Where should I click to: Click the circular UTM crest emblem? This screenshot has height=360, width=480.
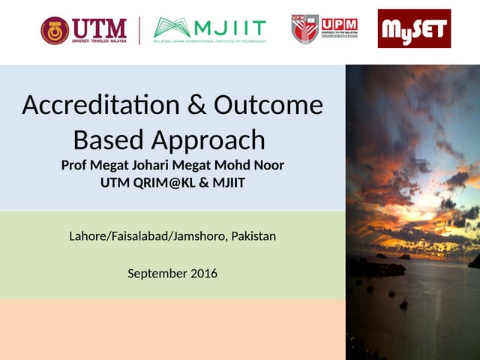tap(55, 31)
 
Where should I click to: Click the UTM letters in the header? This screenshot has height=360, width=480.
tap(98, 27)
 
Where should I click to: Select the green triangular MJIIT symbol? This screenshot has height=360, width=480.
tap(172, 28)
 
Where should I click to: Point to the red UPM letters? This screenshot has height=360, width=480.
tap(339, 24)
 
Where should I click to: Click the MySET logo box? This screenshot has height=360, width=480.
tap(414, 29)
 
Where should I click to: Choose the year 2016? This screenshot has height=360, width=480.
tap(202, 274)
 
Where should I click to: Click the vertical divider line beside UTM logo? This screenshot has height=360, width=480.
tap(139, 31)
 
